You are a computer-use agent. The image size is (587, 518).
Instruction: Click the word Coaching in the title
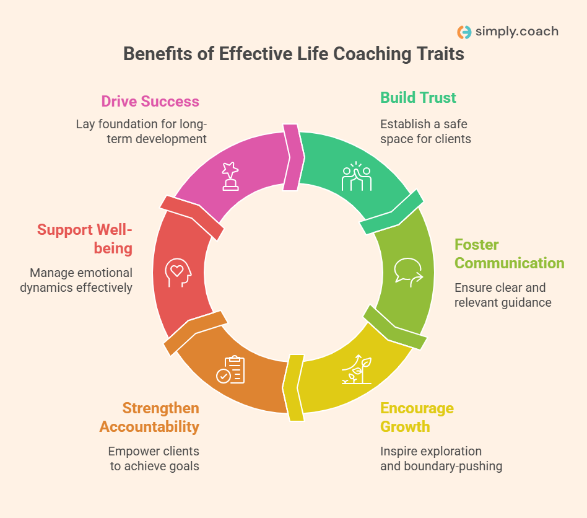point(371,54)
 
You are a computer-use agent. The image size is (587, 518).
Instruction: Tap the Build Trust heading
point(418,97)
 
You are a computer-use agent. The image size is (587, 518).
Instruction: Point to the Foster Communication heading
point(509,253)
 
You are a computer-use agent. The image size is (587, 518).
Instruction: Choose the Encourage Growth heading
point(417,418)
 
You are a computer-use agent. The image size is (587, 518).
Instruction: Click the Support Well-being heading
point(85,239)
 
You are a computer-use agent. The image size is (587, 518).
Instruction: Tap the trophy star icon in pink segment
point(231,177)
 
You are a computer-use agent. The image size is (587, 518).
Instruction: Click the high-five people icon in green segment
point(357,177)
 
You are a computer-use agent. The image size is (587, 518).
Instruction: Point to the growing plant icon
point(357,369)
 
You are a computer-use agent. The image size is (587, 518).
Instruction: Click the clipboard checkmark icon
point(230,369)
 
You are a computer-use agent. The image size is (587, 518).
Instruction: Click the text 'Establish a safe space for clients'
point(425,131)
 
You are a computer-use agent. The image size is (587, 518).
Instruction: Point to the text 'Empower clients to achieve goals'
point(154,459)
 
